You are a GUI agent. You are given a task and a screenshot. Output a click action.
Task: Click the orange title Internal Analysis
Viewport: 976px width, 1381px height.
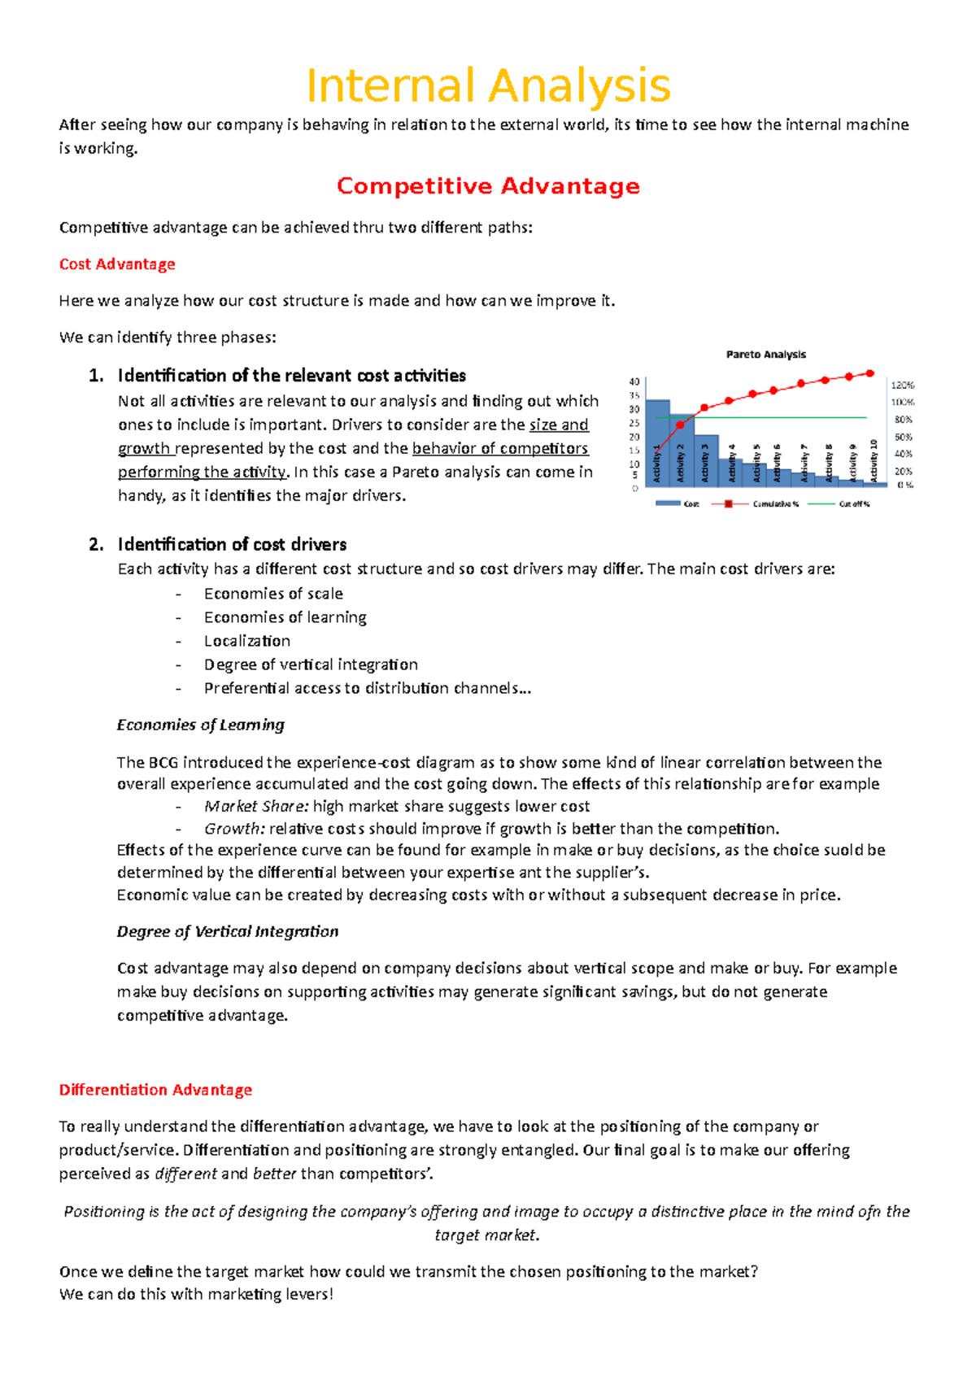pos(488,86)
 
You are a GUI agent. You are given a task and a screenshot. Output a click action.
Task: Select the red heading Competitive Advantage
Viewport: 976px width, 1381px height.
pos(488,186)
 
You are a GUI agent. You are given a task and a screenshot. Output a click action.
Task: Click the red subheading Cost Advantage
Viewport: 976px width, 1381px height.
pos(117,264)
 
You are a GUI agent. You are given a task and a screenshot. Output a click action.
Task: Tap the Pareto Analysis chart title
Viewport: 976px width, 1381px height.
pos(765,355)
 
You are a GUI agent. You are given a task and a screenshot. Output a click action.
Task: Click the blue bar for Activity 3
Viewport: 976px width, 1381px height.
pos(706,468)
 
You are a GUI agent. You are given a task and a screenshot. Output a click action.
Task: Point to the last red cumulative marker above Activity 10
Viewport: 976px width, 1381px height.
pos(870,373)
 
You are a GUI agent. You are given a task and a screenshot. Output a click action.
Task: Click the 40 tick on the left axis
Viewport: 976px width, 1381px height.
pos(634,381)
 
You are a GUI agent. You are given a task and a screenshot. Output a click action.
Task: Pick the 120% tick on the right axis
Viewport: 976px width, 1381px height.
pos(903,385)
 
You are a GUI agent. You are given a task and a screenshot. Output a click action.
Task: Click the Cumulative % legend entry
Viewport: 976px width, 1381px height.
pos(774,504)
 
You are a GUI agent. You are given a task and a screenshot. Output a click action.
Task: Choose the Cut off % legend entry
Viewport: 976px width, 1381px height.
pos(854,504)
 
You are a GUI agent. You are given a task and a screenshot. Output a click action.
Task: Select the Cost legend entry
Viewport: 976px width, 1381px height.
pos(691,504)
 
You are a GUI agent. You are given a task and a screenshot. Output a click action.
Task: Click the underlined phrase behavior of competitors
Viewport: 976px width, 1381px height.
pos(500,449)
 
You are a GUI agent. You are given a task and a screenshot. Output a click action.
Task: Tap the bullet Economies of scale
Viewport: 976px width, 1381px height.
pos(273,594)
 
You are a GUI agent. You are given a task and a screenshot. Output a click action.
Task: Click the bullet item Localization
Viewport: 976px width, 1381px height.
pos(247,641)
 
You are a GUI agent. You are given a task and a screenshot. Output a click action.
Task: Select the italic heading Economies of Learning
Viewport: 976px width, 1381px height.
pos(201,725)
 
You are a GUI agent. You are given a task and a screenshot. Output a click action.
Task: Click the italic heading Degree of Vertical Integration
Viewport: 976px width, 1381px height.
pos(228,932)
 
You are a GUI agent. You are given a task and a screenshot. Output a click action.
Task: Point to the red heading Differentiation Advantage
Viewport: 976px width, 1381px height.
pos(155,1090)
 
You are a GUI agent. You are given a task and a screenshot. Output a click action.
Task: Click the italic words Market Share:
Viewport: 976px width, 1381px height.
pos(256,807)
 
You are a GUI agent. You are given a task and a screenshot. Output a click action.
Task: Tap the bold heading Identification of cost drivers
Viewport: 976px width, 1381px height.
pos(232,544)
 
